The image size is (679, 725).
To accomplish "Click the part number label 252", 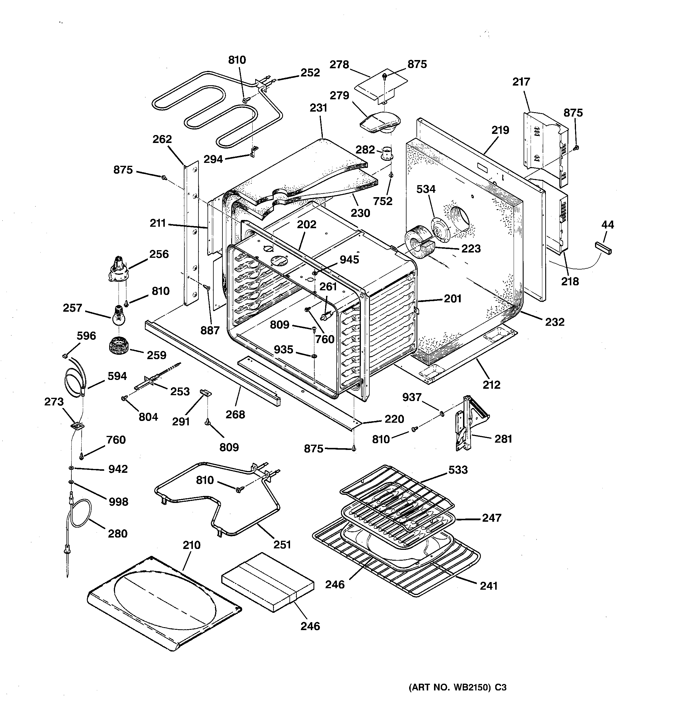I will (310, 73).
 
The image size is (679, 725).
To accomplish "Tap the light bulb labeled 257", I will (118, 317).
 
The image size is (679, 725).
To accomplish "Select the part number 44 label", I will (607, 225).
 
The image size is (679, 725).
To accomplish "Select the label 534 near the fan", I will (426, 189).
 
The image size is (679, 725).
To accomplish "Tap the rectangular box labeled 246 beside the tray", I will (268, 582).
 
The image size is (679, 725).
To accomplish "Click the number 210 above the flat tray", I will (192, 545).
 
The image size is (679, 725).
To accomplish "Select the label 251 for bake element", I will (282, 545).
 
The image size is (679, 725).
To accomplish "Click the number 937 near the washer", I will (412, 397).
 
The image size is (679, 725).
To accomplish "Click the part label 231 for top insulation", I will (318, 108).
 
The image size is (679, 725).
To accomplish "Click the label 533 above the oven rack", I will (458, 470).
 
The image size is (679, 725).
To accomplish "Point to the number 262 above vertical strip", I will (162, 139).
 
